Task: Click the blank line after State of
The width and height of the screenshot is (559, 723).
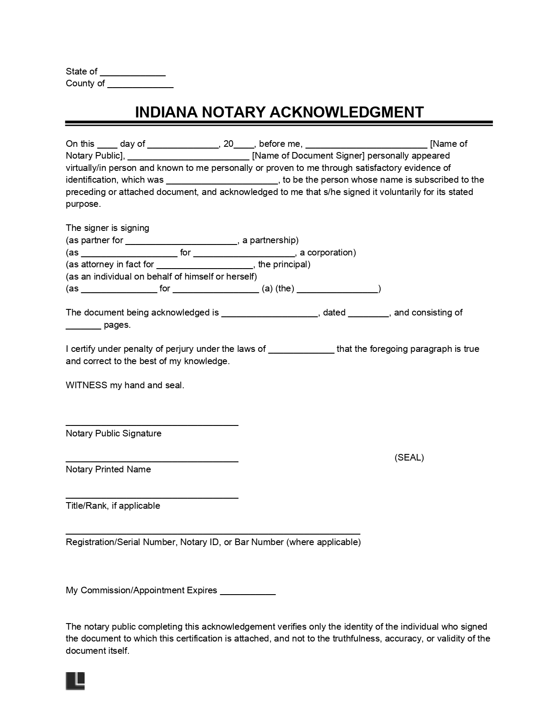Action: pos(132,73)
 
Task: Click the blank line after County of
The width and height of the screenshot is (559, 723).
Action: pos(140,85)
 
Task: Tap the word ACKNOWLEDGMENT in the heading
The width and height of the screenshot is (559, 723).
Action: pos(346,112)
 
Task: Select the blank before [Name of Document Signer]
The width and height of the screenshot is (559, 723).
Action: pos(189,157)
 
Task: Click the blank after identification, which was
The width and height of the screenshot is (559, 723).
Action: pos(222,181)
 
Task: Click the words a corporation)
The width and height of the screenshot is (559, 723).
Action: pos(328,252)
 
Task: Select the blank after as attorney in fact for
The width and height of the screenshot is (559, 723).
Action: pos(205,266)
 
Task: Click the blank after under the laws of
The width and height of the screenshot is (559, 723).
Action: pos(301,351)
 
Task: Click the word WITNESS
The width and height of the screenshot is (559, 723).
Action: pos(86,385)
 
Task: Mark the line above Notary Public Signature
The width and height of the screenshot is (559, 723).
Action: pos(152,424)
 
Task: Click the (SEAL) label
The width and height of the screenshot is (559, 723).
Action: pos(409,457)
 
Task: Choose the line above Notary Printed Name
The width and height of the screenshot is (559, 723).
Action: pos(152,461)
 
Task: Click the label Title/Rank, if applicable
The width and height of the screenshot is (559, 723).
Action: pos(113,506)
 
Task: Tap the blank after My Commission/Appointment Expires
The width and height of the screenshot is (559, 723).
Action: pos(247,592)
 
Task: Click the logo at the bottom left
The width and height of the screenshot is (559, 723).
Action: pos(75,681)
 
